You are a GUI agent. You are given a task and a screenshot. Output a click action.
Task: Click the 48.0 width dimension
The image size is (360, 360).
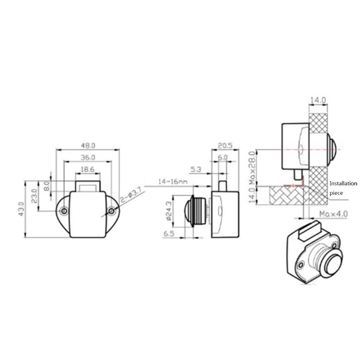[88, 146]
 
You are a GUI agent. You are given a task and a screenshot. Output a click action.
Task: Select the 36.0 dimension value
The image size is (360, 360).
[88, 157]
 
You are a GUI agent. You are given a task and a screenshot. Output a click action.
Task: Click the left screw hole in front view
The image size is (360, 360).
[65, 211]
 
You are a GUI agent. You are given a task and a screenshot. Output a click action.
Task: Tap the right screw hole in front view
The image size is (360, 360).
[111, 211]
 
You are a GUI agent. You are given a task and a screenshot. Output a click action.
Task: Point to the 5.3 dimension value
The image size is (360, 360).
[196, 170]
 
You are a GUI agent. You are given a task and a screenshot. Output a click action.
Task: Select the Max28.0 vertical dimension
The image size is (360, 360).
[252, 167]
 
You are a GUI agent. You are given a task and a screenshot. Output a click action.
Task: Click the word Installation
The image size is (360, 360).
[343, 184]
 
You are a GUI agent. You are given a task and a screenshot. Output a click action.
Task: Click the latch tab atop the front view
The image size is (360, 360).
[88, 186]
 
